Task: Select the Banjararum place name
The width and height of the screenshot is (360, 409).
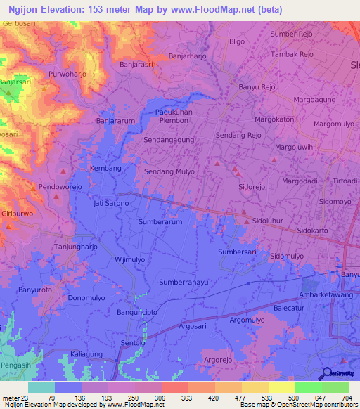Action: point(115,121)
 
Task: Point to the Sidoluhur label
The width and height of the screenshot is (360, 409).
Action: point(271,221)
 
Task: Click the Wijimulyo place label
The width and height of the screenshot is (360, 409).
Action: point(129,259)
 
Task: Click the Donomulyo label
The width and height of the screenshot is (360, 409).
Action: point(86,298)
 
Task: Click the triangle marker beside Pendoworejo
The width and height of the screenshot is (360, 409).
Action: point(33,188)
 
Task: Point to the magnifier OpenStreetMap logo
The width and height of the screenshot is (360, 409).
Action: point(328,374)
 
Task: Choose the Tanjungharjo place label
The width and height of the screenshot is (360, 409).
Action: point(75,247)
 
